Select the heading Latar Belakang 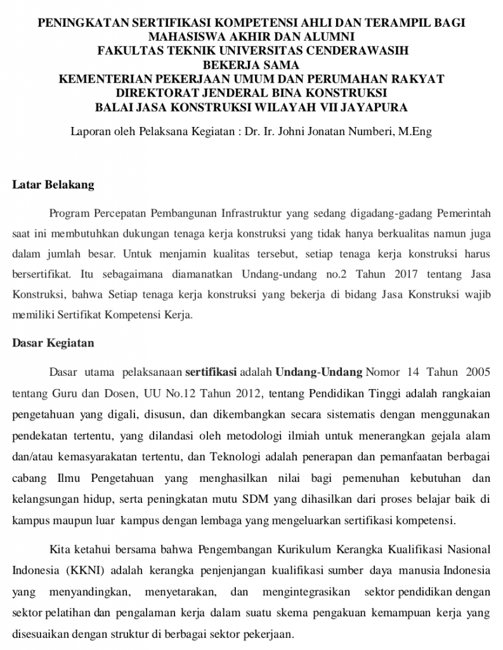[53, 185]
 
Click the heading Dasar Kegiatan [53, 343]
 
